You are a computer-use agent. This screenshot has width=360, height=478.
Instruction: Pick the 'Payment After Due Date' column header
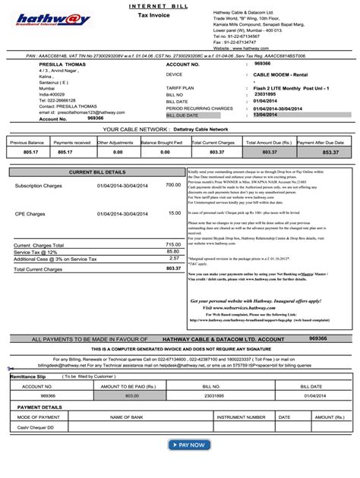tap(327, 142)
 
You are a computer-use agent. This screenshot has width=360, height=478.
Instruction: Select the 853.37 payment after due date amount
tap(330, 153)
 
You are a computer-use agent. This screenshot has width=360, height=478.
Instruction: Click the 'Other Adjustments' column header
tap(115, 142)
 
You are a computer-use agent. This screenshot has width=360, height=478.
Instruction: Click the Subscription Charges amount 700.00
tap(173, 185)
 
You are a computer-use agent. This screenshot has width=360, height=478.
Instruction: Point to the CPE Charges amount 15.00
tap(175, 214)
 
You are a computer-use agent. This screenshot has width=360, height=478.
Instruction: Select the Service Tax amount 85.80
tap(173, 251)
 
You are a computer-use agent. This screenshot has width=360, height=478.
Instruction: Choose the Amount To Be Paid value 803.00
tap(132, 395)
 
